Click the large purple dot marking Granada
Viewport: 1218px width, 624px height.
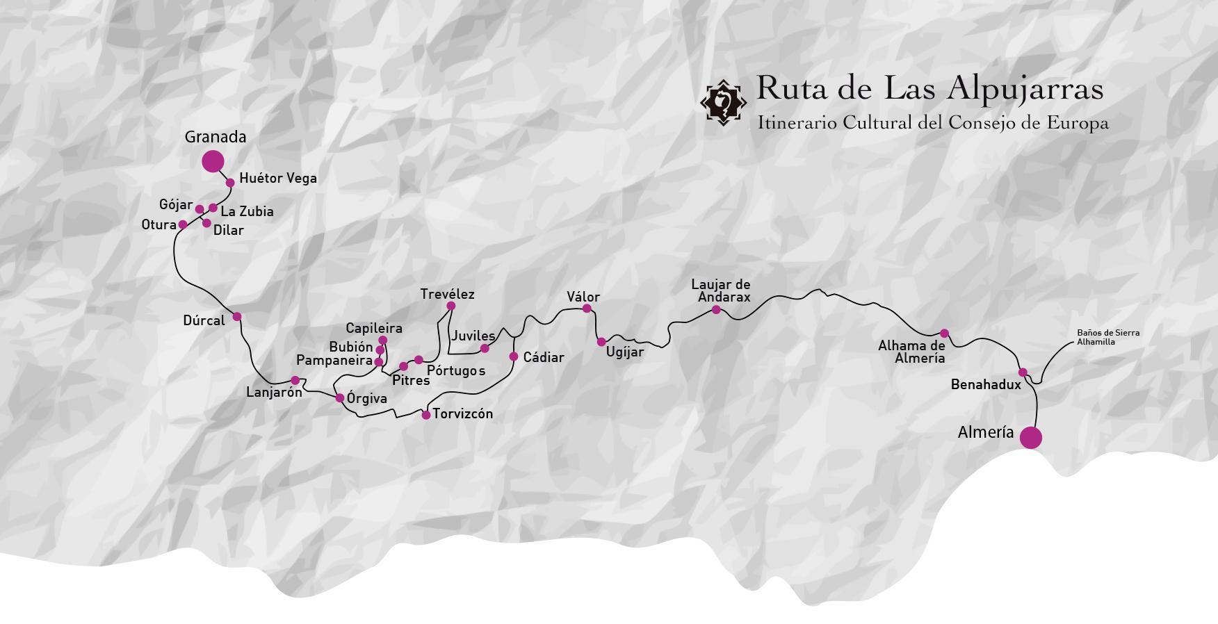coord(213,161)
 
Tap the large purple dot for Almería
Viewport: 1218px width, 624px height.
coord(1030,438)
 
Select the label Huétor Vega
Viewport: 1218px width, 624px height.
coord(277,178)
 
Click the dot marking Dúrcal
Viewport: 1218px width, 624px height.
coord(237,317)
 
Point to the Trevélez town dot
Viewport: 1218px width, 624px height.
coord(450,306)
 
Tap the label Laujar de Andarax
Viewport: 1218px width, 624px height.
coord(722,290)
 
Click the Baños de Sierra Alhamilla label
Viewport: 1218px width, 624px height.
coord(1107,337)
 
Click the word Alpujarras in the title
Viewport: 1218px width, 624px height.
coord(1025,88)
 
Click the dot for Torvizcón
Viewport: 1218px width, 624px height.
coord(426,415)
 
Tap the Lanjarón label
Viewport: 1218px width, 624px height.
coord(274,392)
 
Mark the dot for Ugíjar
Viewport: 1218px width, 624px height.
coord(601,342)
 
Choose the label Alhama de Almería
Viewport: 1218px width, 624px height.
coord(911,352)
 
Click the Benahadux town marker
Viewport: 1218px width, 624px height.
coord(1023,372)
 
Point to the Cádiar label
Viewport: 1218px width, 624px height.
coord(543,357)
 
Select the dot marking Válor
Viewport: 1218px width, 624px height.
coord(587,309)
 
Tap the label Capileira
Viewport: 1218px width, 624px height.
coord(374,328)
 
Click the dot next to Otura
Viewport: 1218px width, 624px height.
coord(183,224)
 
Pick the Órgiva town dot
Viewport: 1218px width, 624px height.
coord(340,398)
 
